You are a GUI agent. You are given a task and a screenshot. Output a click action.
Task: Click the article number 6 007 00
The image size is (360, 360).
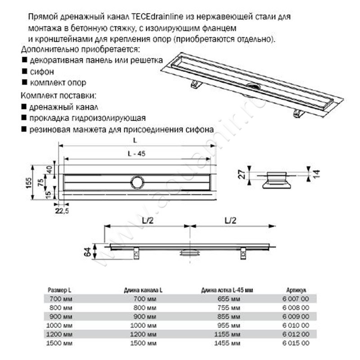pos(297,299)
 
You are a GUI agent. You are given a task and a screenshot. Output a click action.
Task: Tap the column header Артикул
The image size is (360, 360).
pos(297,290)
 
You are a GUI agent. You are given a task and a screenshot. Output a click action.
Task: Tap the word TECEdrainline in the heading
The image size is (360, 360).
pos(157,17)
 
